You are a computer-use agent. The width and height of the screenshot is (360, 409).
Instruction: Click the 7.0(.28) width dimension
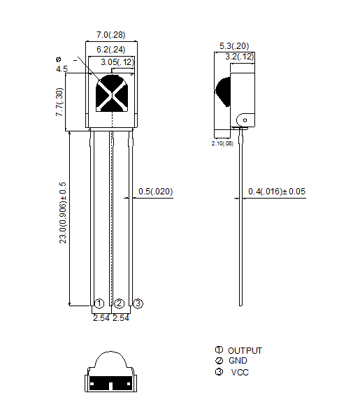click(x=111, y=35)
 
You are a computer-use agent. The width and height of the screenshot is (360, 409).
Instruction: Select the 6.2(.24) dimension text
click(x=111, y=50)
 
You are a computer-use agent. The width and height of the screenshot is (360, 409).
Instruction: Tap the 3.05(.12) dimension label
click(x=117, y=62)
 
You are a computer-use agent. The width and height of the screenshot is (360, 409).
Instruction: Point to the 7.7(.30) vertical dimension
click(x=59, y=102)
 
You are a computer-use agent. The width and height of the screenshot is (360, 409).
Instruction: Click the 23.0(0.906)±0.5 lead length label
click(x=63, y=213)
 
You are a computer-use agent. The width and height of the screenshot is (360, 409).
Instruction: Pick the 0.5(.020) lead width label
click(x=155, y=192)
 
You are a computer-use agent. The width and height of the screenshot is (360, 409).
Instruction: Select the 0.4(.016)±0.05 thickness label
click(x=277, y=192)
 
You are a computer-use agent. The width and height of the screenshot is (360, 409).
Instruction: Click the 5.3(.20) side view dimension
click(x=234, y=46)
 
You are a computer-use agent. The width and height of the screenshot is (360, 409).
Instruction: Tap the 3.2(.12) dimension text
click(x=240, y=57)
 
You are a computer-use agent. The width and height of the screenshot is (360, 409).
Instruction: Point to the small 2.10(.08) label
click(x=222, y=143)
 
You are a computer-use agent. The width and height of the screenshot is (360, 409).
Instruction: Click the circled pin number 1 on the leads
click(x=99, y=303)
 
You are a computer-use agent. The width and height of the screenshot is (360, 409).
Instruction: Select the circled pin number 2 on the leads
click(x=120, y=303)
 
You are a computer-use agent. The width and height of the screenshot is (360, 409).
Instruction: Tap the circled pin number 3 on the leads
click(x=138, y=303)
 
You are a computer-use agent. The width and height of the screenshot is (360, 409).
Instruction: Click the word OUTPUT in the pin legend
click(x=245, y=351)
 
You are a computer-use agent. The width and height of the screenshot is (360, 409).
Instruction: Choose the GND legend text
click(x=238, y=361)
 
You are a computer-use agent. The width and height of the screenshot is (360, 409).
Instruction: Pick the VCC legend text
click(x=240, y=373)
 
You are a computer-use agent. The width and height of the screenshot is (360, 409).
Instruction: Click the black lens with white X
click(x=112, y=93)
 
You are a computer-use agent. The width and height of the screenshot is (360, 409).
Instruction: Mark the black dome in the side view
click(x=223, y=92)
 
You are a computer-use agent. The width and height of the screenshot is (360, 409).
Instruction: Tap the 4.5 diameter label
click(x=62, y=69)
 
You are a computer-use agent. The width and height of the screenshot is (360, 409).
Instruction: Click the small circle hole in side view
click(x=245, y=120)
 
